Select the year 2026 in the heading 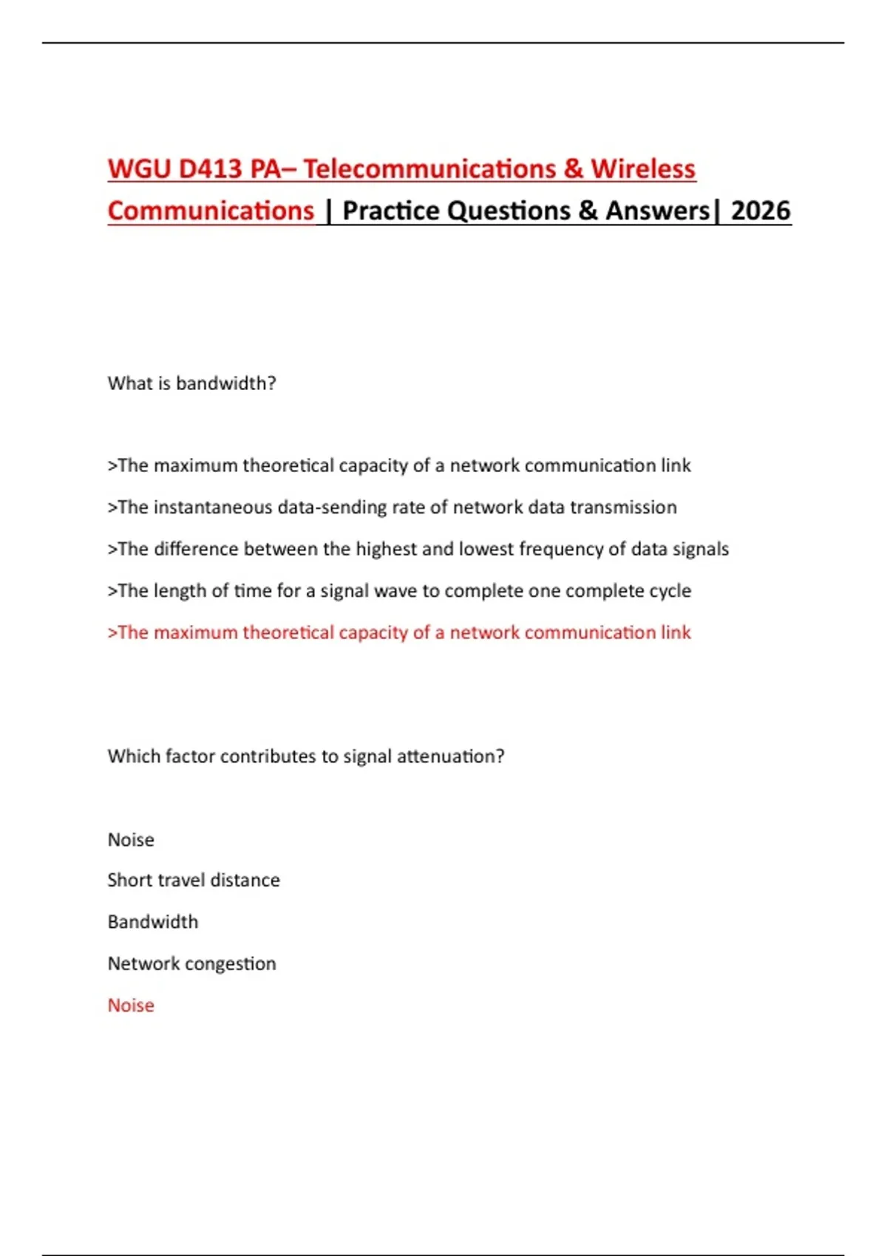coord(761,211)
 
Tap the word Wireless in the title coord(642,169)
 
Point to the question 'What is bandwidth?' coord(191,383)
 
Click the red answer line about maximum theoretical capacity coord(399,632)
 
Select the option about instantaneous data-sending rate coord(392,508)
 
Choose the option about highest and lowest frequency coord(418,549)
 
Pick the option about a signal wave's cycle coord(399,591)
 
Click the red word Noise coord(131,1006)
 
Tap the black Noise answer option coord(131,840)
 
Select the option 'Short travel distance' coord(194,881)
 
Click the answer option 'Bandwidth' coord(153,922)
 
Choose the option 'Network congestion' coord(191,964)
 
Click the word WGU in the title coord(139,169)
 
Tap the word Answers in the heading coord(657,211)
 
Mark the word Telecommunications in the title coord(429,169)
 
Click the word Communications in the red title coord(211,211)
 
